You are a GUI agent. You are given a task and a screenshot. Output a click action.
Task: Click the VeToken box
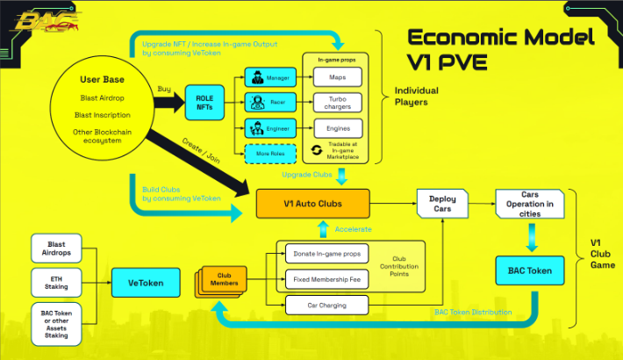coord(147,283)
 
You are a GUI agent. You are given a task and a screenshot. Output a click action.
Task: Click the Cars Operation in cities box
coord(529,204)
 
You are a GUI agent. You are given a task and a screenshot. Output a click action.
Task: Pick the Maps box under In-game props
coord(337,77)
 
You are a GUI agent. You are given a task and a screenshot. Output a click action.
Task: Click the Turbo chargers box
coord(337,102)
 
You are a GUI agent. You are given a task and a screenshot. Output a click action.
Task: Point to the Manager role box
coord(268,76)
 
